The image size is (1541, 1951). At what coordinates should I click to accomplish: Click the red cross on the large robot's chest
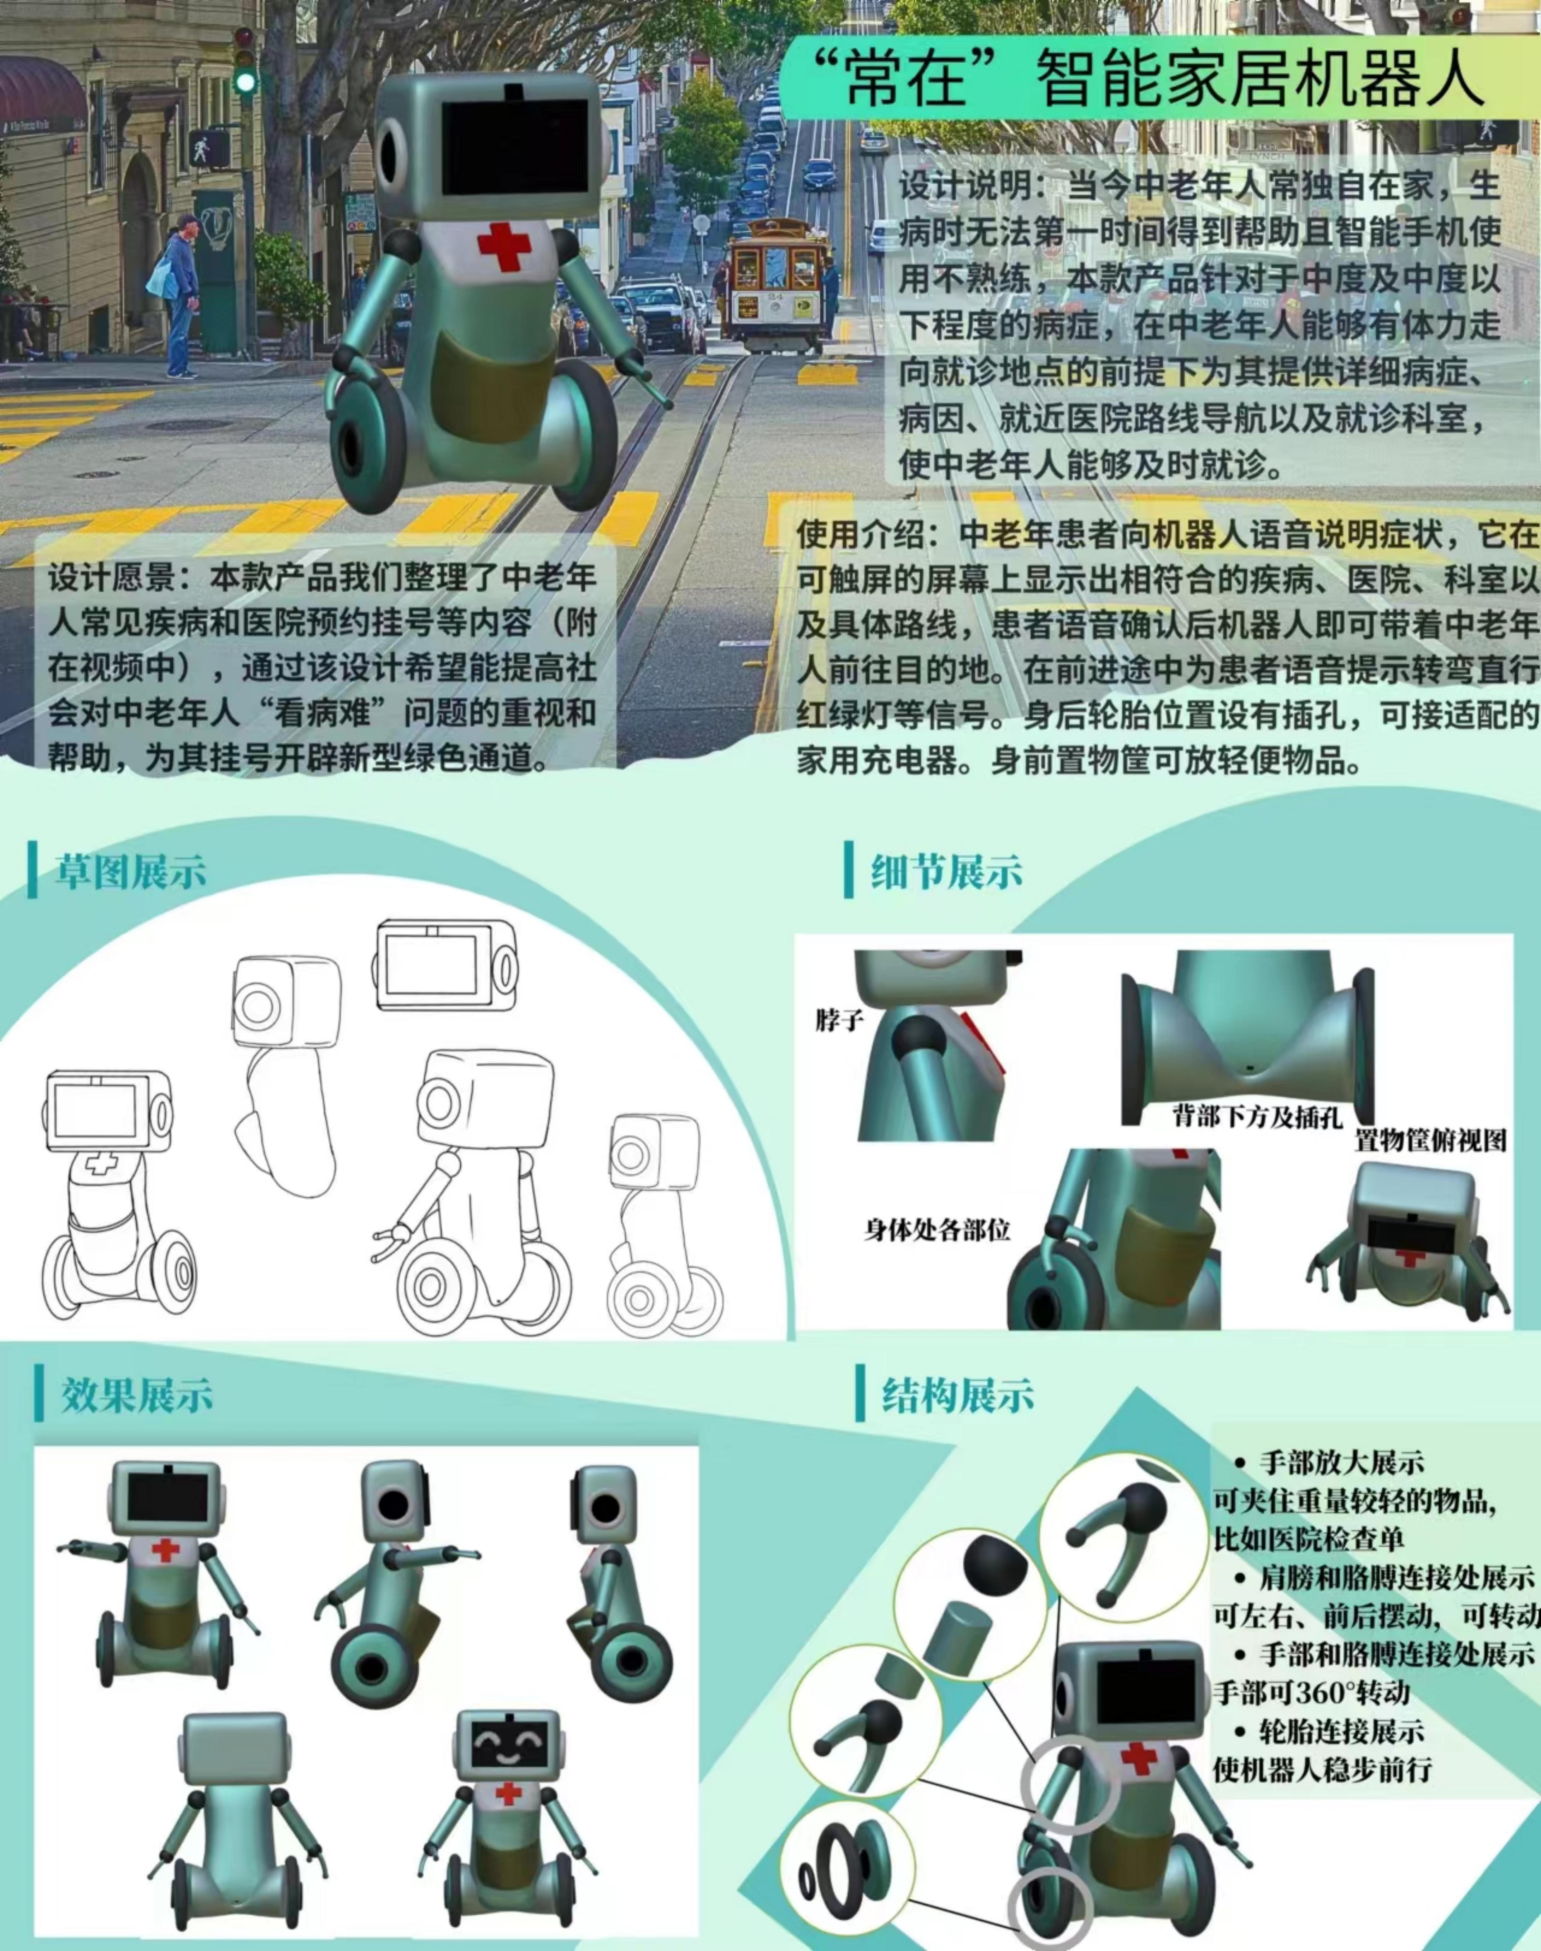point(504,244)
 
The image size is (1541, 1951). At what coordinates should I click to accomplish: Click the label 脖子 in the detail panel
point(839,1020)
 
